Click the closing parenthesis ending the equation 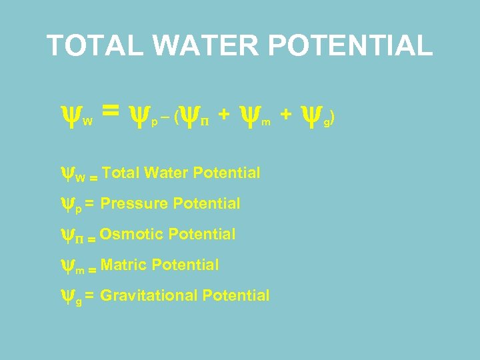pyautogui.click(x=333, y=119)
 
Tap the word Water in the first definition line pyautogui.click(x=165, y=173)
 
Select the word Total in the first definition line pyautogui.click(x=121, y=173)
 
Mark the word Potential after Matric pyautogui.click(x=185, y=265)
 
